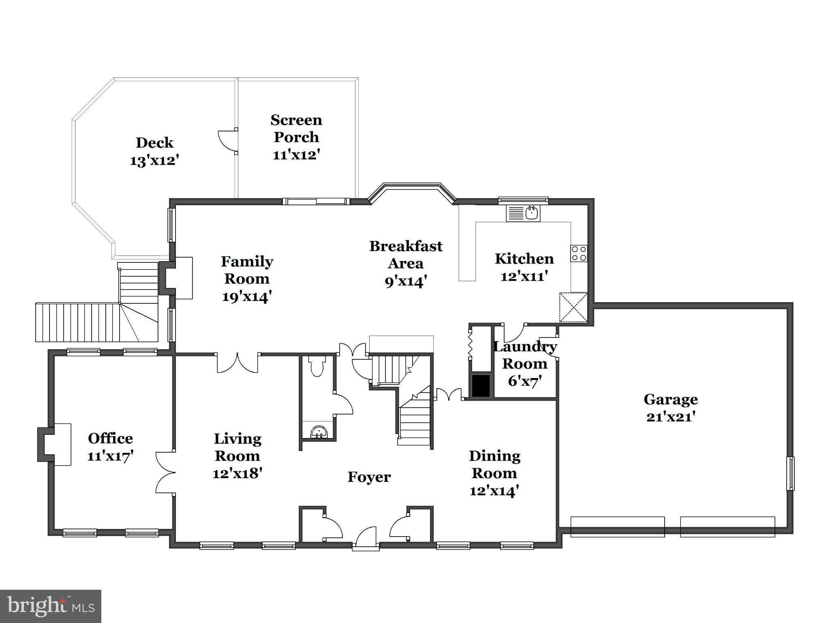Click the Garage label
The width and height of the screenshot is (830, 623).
click(670, 400)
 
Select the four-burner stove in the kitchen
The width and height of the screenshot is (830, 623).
click(579, 253)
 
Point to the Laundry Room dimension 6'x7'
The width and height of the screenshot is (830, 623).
click(525, 382)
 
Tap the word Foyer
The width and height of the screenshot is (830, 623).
click(369, 477)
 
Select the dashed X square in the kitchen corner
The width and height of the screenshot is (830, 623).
click(573, 307)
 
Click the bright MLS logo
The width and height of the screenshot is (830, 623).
click(50, 606)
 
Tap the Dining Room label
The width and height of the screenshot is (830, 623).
click(494, 464)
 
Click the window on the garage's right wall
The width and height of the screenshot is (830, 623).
click(790, 473)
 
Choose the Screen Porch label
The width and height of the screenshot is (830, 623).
click(296, 128)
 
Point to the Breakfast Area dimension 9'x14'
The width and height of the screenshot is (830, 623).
click(406, 281)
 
